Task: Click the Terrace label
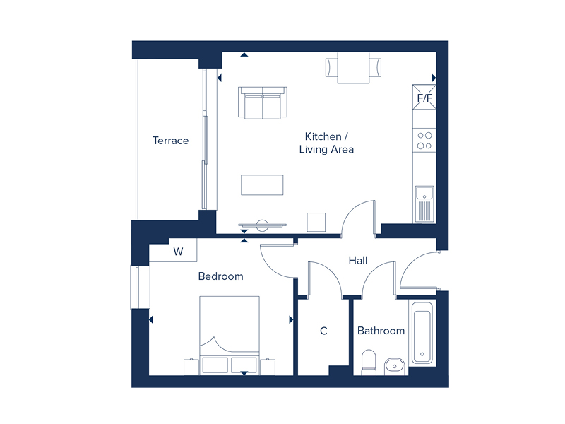pos(170,141)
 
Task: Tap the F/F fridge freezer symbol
pos(424,97)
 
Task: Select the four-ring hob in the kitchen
pos(424,141)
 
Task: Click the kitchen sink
pos(424,204)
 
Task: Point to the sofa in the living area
pos(263,102)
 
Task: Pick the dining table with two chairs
pos(353,68)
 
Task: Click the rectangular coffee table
pos(262,185)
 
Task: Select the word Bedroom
pos(220,276)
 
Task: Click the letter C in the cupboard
pos(323,331)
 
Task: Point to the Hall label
pos(358,261)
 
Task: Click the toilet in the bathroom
pos(369,363)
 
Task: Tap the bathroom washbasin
pos(395,366)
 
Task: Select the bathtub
pos(422,332)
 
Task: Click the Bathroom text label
pos(381,331)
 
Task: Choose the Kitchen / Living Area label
pos(326,143)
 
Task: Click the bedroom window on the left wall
pos(140,288)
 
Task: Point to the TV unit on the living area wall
pos(262,225)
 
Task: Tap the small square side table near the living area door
pos(316,222)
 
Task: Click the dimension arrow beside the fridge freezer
pos(434,78)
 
